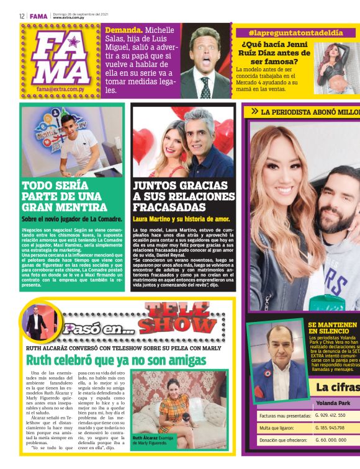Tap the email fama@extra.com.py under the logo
point(59,89)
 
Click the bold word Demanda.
point(124,30)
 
